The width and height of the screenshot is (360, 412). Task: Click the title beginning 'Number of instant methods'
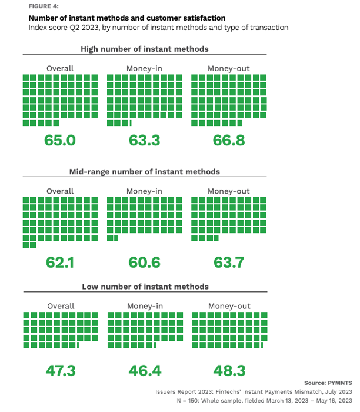[x=118, y=18]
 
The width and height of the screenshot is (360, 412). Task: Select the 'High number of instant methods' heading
[x=144, y=49]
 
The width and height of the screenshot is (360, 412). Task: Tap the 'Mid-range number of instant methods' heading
[x=144, y=171]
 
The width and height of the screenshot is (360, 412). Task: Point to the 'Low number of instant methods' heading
[x=144, y=287]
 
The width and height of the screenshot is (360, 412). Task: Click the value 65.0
[x=61, y=140]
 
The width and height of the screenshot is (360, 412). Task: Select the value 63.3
[x=144, y=140]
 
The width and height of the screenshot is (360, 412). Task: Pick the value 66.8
[x=228, y=140]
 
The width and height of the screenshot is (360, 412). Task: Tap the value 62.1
[x=61, y=263]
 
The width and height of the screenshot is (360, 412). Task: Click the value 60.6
[x=144, y=263]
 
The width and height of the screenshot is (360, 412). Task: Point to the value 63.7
[x=228, y=263]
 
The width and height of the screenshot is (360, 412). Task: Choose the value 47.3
[x=61, y=370]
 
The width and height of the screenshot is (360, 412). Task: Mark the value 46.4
[x=144, y=370]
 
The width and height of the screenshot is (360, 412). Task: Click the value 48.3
[x=228, y=370]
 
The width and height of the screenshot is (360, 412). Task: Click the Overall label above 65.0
[x=61, y=68]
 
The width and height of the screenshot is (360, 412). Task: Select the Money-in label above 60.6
[x=144, y=191]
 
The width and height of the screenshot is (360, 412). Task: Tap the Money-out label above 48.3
[x=229, y=306]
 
